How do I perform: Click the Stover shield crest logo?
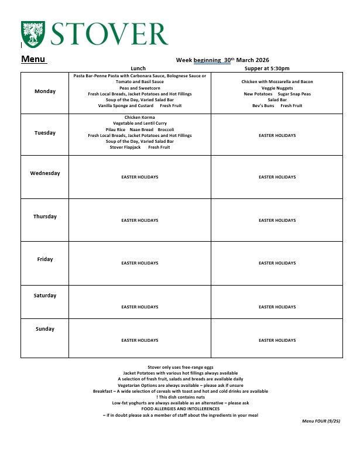32,34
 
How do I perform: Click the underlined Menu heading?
33,59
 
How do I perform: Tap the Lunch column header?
138,68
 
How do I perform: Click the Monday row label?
45,91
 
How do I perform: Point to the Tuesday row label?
45,133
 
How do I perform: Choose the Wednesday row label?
45,173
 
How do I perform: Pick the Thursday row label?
45,217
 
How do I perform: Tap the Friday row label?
45,259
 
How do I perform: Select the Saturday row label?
45,296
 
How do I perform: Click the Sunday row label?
45,329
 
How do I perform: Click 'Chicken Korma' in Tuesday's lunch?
139,118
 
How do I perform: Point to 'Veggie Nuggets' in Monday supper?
277,88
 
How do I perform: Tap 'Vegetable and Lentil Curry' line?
139,123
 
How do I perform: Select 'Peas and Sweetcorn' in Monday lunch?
139,88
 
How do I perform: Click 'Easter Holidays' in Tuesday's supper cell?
277,136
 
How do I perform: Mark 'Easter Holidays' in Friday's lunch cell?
139,263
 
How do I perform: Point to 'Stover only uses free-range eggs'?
180,367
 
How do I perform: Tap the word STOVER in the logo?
109,34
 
